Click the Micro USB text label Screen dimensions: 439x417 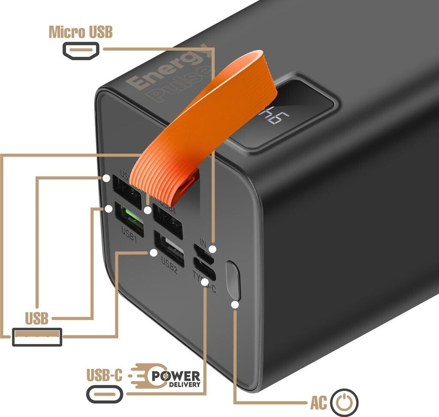tap(81, 32)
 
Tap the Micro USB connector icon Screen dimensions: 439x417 tap(81, 51)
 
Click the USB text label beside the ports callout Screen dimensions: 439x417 tap(36, 319)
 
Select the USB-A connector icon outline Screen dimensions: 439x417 tap(37, 336)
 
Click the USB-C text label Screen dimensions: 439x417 tap(104, 375)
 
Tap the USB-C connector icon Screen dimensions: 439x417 tap(105, 393)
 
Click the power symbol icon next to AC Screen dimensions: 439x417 tap(345, 402)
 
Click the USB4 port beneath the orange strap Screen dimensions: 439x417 tap(167, 220)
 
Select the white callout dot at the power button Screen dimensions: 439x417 tap(235, 305)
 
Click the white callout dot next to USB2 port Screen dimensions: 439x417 tap(153, 253)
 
